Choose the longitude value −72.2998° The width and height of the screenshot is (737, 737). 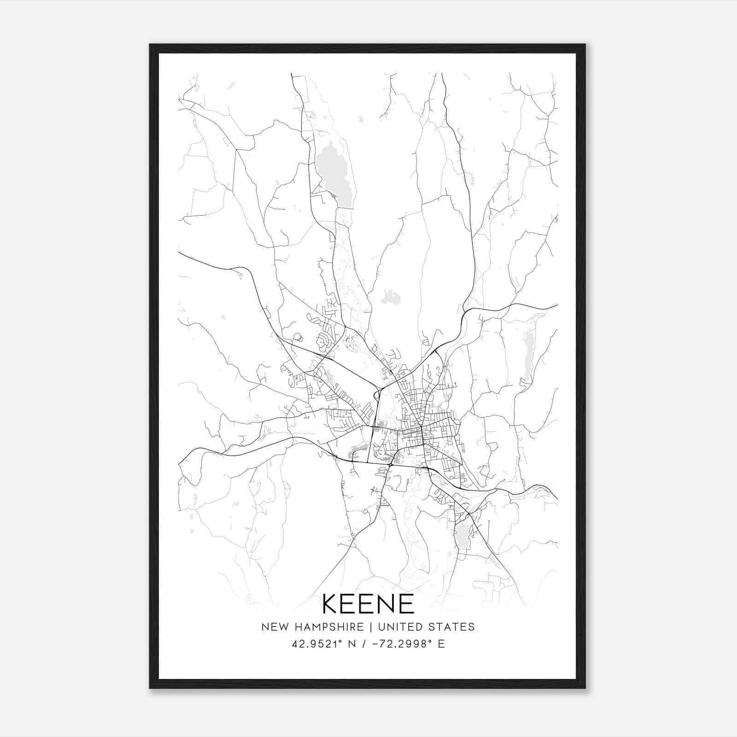(400, 643)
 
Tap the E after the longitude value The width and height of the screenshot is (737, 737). (441, 643)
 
